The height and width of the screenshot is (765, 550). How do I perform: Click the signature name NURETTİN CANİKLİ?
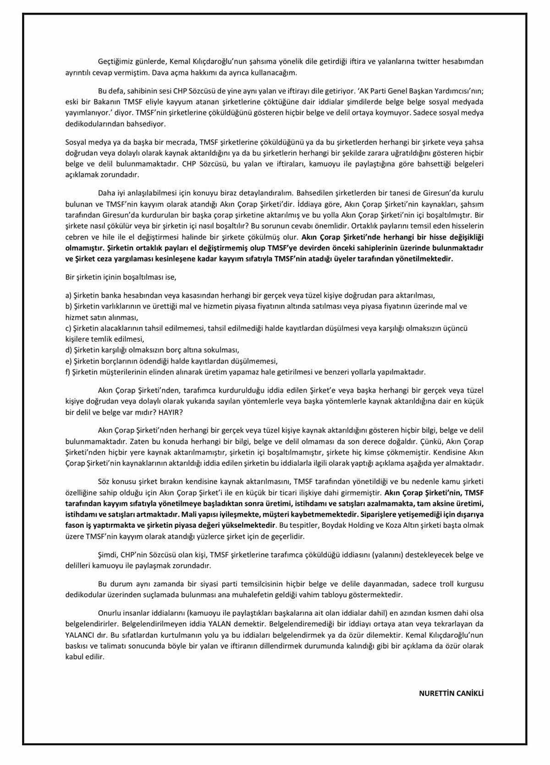click(x=451, y=693)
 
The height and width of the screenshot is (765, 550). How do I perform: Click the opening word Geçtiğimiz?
click(x=115, y=61)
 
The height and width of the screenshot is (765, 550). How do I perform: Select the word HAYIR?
click(x=170, y=412)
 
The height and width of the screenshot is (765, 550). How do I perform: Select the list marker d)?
click(x=69, y=350)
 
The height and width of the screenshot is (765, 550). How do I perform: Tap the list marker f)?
click(x=68, y=372)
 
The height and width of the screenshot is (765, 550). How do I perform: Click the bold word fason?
click(x=75, y=525)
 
